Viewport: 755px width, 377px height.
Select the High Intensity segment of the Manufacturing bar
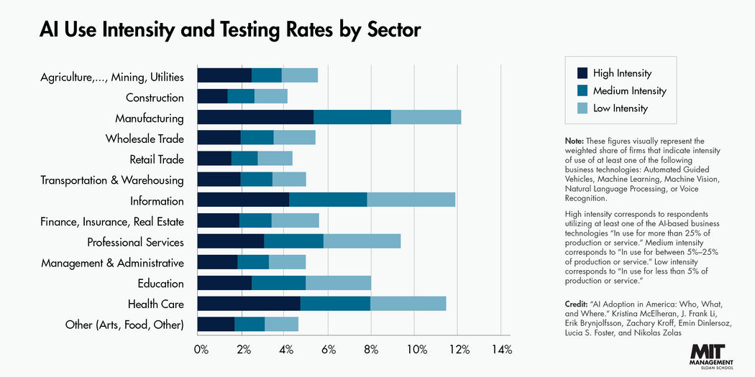pos(255,118)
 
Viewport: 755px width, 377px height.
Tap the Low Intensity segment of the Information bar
pos(411,200)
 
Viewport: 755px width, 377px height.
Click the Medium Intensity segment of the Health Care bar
pos(335,304)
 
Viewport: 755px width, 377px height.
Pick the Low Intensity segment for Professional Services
pos(362,242)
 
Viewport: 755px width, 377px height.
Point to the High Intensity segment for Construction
pos(212,97)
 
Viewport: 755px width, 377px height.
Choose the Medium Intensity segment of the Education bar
pos(278,283)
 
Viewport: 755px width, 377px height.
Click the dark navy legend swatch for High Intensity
pos(582,73)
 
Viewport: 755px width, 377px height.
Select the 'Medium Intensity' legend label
pos(629,90)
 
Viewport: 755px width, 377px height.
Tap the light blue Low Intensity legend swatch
pos(582,108)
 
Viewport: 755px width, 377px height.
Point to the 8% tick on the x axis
pos(371,350)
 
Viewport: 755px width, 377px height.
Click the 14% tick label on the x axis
pos(501,350)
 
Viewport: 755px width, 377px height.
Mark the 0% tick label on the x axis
pos(201,350)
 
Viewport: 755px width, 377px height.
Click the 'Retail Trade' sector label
pos(157,159)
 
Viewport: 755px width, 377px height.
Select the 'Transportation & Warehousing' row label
pos(112,180)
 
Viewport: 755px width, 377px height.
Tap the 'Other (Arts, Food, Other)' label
pos(124,325)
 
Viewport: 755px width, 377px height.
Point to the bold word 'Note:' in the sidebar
pos(575,141)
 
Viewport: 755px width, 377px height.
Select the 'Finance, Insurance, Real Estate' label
pos(112,221)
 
